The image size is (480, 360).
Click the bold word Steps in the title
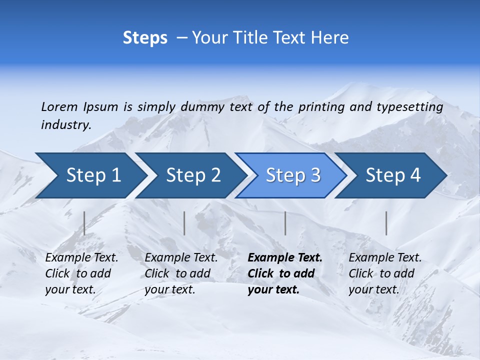(x=145, y=38)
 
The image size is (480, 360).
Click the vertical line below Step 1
(x=84, y=223)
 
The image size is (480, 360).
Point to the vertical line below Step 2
(x=184, y=223)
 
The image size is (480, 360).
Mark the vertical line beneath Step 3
(x=285, y=223)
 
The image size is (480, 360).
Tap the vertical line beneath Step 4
(x=386, y=223)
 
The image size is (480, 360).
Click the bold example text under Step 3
(x=284, y=273)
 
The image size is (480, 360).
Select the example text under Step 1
(x=81, y=273)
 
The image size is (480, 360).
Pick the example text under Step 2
(x=181, y=273)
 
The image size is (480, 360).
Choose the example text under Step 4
(x=385, y=273)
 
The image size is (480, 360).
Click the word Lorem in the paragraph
(x=59, y=107)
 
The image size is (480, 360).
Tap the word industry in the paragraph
(x=66, y=125)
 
